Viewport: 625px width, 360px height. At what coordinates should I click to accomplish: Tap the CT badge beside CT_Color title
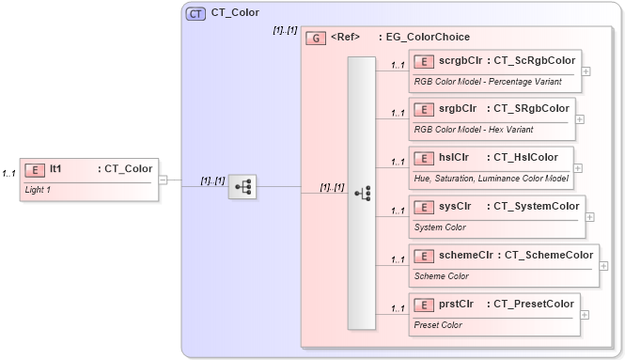click(196, 13)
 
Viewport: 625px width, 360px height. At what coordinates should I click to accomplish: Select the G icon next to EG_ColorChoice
click(317, 38)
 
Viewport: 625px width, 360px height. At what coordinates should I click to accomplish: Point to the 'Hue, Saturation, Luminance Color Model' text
click(491, 178)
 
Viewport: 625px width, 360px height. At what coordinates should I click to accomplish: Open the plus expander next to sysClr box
click(589, 216)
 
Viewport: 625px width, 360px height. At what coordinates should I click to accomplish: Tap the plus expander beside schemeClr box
click(602, 265)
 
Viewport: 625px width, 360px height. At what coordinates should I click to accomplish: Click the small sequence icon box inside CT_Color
click(242, 187)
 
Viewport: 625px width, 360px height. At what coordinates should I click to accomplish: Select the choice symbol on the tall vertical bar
click(362, 194)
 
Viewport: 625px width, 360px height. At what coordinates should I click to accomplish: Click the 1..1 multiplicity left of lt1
click(8, 174)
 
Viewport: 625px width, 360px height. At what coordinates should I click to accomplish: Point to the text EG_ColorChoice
click(424, 38)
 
